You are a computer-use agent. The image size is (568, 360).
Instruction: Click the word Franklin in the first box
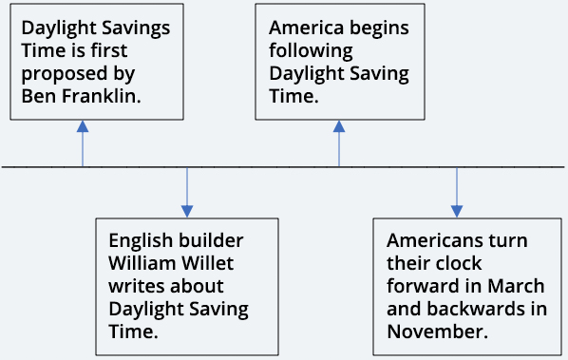click(101, 96)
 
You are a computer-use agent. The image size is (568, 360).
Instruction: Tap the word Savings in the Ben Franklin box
click(136, 28)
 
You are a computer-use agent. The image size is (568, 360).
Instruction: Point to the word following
click(311, 51)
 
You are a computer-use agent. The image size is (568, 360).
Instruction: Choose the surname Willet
click(208, 263)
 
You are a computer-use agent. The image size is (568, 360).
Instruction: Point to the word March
click(516, 286)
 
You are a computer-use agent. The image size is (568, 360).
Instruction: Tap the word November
click(437, 332)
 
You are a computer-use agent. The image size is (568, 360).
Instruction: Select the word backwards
click(476, 309)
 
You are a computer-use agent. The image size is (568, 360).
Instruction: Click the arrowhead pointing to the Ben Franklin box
click(83, 126)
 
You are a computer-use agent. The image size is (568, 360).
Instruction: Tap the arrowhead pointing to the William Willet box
click(187, 212)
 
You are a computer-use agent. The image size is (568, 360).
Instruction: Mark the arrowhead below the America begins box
click(339, 126)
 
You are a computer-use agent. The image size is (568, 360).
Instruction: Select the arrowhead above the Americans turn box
click(457, 212)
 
